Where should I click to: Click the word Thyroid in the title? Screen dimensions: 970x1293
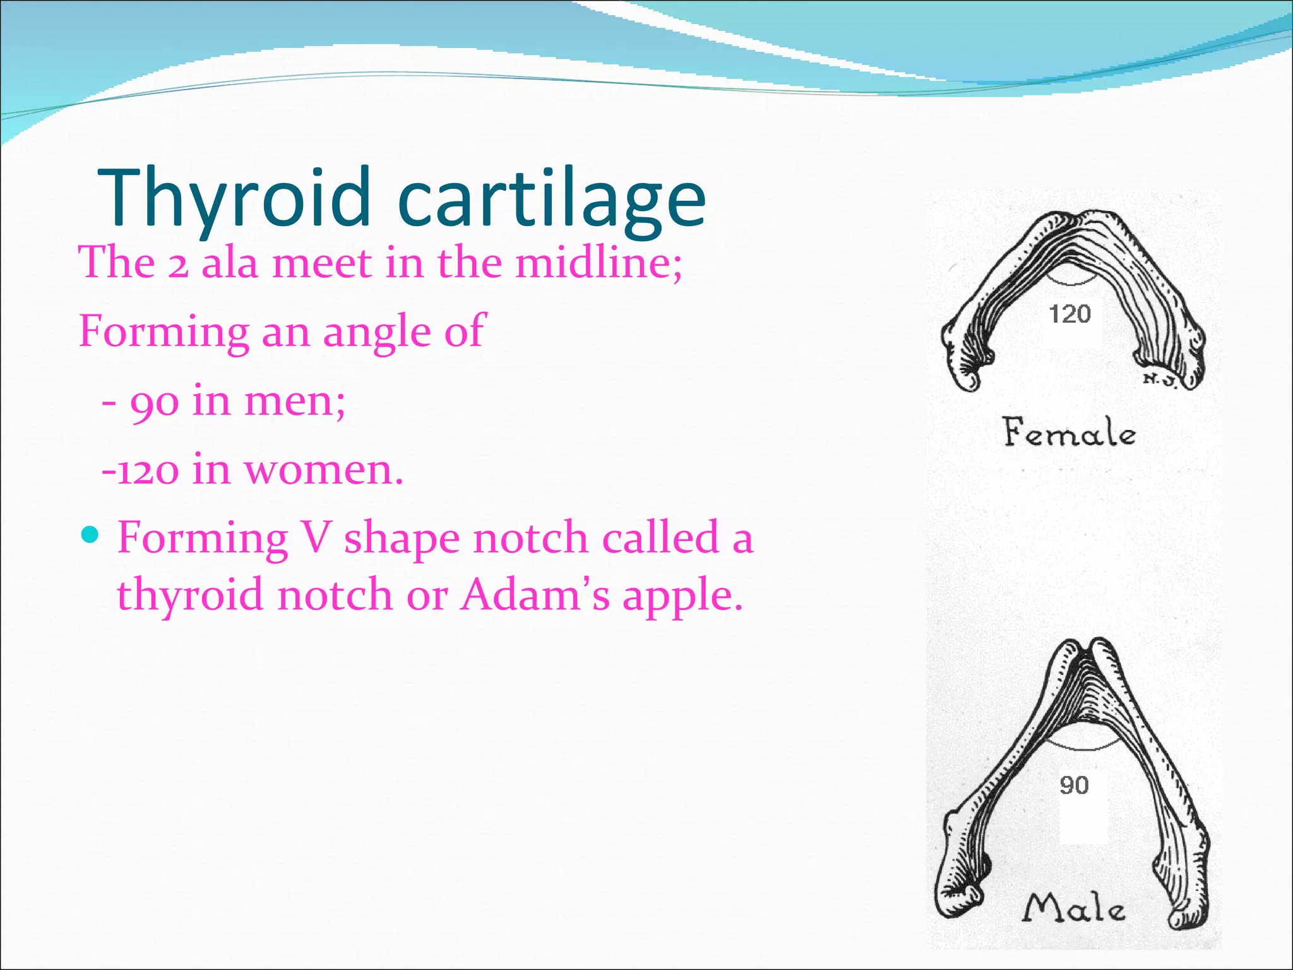[x=234, y=199]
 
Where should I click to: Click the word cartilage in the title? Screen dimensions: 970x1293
[x=552, y=199]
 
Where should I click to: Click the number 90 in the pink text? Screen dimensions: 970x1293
[x=153, y=402]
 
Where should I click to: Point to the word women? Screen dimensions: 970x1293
[x=323, y=470]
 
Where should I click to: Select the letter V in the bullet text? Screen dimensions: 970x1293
[x=316, y=539]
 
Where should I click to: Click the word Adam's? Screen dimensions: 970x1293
[x=535, y=595]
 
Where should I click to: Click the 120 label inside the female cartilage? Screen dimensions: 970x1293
[x=1070, y=314]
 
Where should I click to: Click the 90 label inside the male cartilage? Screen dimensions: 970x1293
[x=1074, y=785]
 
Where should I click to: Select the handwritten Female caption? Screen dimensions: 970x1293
[x=1070, y=433]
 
